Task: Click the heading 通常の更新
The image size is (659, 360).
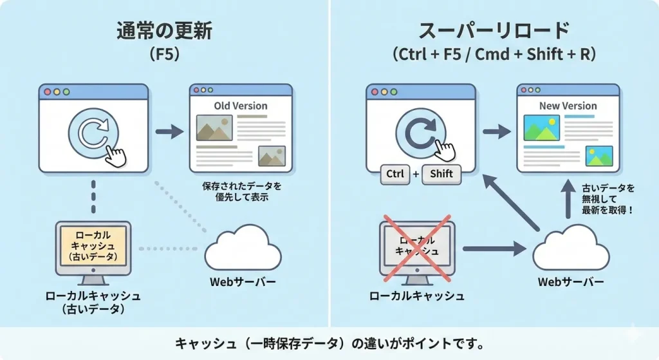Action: tap(165, 31)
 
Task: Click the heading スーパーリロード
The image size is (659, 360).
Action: tap(494, 31)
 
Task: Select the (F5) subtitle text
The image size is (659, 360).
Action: tap(165, 55)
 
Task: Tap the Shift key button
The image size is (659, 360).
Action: tap(441, 173)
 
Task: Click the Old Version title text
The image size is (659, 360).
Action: tap(241, 106)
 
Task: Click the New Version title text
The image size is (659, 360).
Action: tap(568, 106)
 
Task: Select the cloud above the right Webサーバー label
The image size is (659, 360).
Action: tap(570, 249)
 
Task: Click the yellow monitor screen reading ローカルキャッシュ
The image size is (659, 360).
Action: tap(93, 245)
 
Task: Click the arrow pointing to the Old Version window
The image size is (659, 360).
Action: tap(169, 132)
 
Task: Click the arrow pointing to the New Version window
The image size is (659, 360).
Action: tap(496, 132)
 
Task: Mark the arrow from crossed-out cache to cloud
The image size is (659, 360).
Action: tap(492, 247)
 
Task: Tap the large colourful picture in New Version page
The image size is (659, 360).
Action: tap(542, 128)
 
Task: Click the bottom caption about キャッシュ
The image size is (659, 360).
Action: tap(329, 343)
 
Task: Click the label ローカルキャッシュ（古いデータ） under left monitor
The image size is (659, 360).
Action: tap(93, 302)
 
